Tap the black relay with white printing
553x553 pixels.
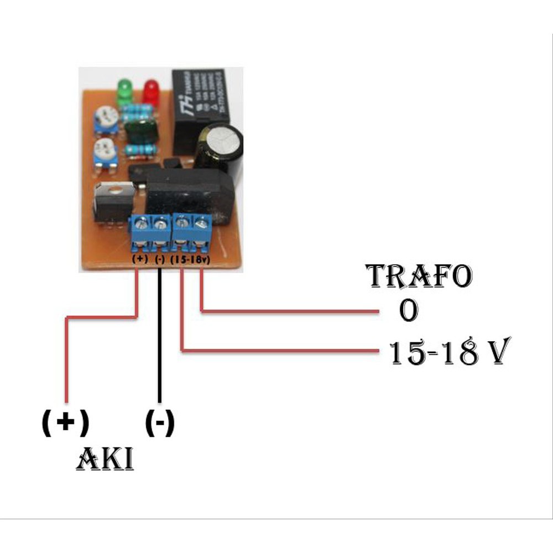tap(199, 105)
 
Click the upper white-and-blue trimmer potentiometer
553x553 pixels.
tap(106, 117)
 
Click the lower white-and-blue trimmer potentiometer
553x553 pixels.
tap(105, 150)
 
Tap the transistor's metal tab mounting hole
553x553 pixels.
tap(114, 189)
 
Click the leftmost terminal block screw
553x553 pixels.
tap(142, 224)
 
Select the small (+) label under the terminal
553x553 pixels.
tap(139, 258)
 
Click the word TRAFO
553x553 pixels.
tap(420, 276)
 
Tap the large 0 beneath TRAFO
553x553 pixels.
tap(408, 311)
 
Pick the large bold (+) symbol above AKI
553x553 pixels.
tap(65, 423)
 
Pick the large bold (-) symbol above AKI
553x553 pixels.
tap(160, 424)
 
